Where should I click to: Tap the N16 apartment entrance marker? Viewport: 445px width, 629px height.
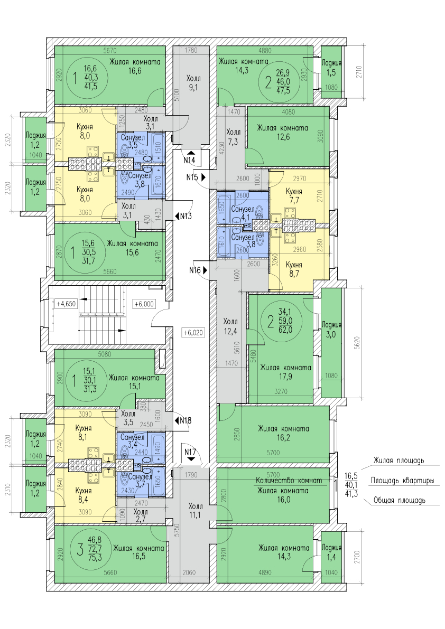point(197,270)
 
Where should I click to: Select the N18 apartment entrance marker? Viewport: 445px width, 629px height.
point(183,420)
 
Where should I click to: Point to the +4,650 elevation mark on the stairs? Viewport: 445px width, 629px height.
point(67,304)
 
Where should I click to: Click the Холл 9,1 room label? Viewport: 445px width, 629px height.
point(194,83)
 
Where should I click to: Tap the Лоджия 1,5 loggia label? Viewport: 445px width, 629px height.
point(331,67)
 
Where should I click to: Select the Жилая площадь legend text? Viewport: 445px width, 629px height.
point(398,461)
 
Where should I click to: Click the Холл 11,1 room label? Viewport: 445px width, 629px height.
point(195,510)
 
